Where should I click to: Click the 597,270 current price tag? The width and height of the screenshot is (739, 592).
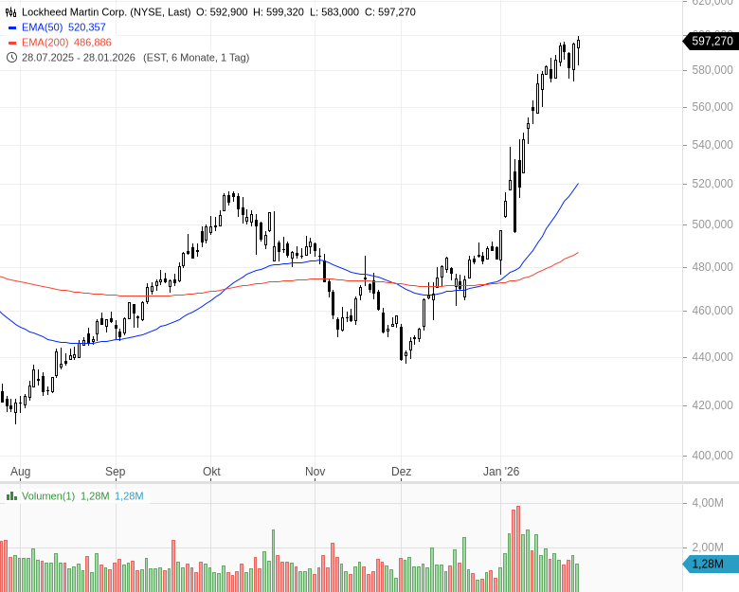click(712, 41)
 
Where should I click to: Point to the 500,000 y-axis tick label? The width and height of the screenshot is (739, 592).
click(712, 224)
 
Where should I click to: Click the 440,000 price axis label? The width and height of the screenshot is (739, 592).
click(712, 357)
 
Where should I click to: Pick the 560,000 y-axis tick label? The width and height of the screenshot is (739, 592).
click(712, 107)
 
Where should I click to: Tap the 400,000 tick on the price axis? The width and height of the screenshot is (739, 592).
click(712, 455)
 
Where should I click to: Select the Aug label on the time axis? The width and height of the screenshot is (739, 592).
click(21, 471)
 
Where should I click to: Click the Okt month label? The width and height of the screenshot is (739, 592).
click(211, 471)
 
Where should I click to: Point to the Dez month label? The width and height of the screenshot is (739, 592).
click(401, 471)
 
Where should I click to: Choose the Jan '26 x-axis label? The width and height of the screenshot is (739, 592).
click(502, 471)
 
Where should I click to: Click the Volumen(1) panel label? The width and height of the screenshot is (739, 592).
click(47, 495)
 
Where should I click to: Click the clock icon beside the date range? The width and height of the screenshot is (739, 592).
click(11, 57)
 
